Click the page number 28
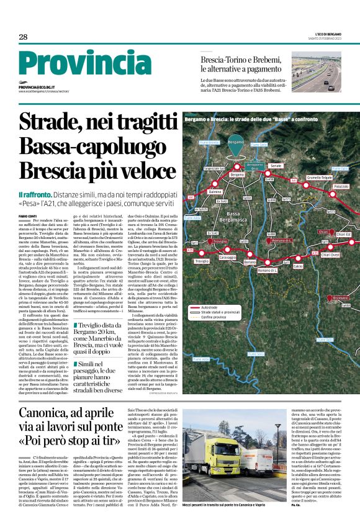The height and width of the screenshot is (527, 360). [x=23, y=37]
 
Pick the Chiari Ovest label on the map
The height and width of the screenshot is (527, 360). [x=331, y=254]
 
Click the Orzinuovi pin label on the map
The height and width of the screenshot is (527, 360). [x=341, y=298]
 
